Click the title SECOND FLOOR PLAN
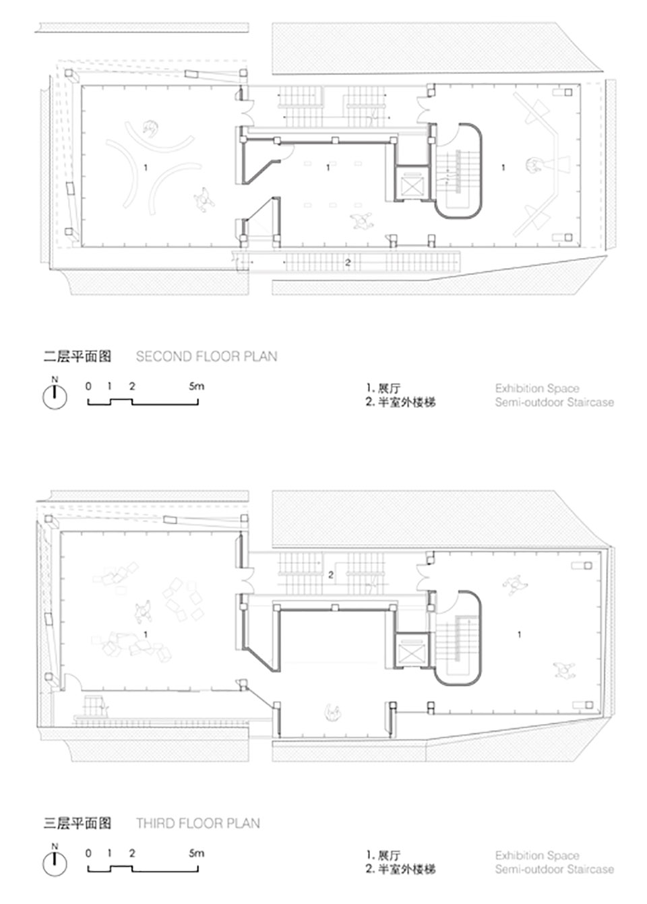(x=206, y=356)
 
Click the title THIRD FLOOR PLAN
(x=197, y=823)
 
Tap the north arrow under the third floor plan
(x=54, y=863)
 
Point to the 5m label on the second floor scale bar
(x=196, y=386)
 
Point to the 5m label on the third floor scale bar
(x=196, y=853)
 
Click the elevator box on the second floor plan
(x=410, y=183)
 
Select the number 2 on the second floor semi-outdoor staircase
(x=348, y=262)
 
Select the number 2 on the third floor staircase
(x=331, y=575)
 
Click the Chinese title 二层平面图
(x=78, y=356)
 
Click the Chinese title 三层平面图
(x=78, y=823)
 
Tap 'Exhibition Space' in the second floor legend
(x=536, y=388)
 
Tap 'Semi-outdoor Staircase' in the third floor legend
(x=554, y=869)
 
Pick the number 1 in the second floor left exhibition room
(x=146, y=167)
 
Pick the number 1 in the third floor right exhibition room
(x=519, y=634)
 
